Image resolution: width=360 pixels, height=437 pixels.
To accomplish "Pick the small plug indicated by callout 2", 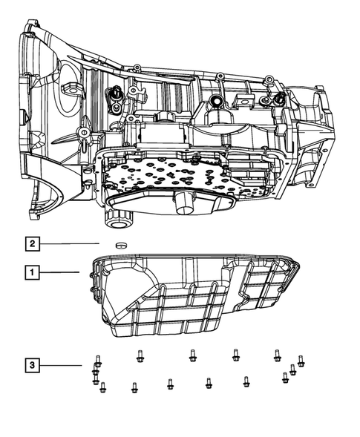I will [x=119, y=244].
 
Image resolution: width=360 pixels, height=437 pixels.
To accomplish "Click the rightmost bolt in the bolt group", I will [x=301, y=361].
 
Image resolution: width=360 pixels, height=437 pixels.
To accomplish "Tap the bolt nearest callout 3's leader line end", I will [x=96, y=364].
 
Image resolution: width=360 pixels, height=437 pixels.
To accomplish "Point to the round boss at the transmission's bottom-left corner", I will [x=116, y=219].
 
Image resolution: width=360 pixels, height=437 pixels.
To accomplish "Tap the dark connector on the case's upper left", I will [x=116, y=96].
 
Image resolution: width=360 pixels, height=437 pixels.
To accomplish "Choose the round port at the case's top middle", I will [x=217, y=101].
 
